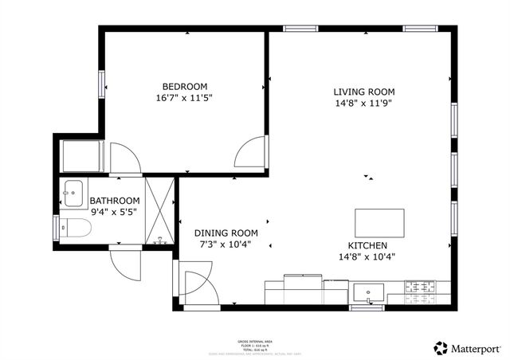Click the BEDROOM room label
(x=185, y=86)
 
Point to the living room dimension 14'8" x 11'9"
(x=363, y=103)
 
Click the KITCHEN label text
(x=367, y=245)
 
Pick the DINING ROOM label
(x=226, y=233)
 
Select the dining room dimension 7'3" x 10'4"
(x=226, y=245)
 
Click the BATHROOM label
(x=115, y=201)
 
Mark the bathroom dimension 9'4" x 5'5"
(x=115, y=213)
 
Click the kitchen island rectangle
(x=379, y=220)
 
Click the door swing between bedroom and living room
(x=251, y=151)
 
